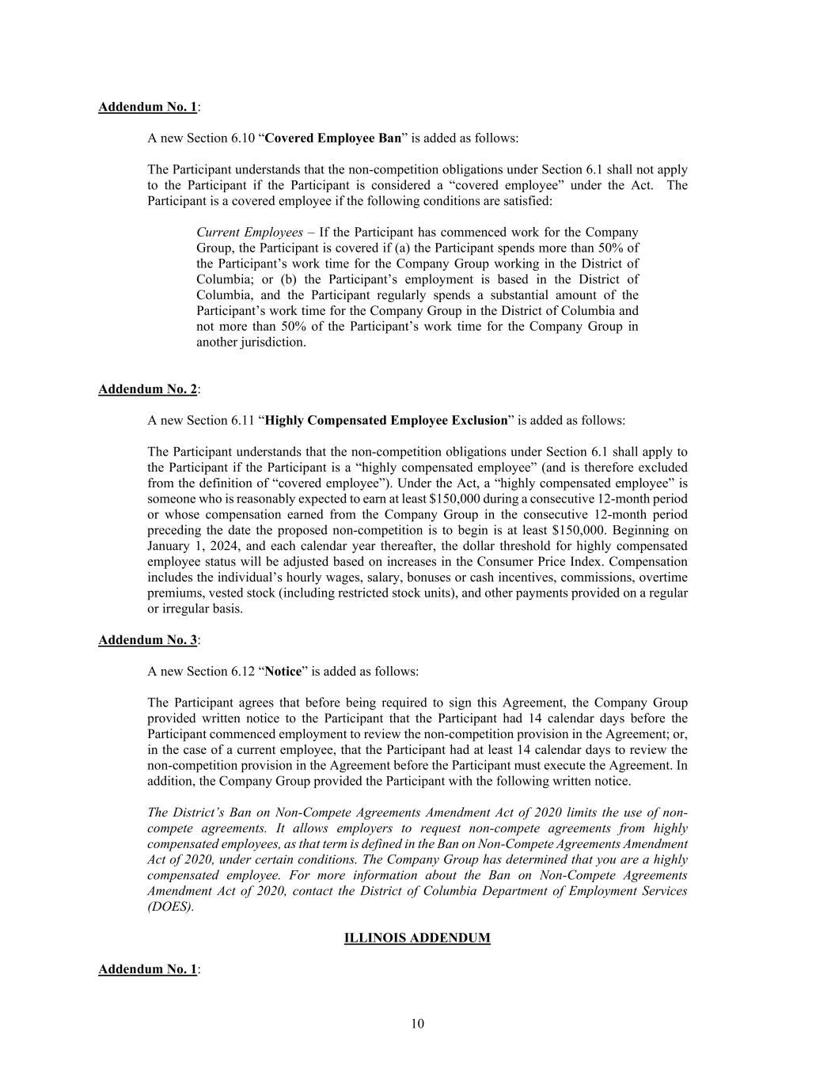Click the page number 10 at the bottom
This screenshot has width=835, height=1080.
pos(417,1024)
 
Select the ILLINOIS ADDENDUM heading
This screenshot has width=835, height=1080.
pos(417,938)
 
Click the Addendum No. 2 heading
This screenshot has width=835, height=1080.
pos(147,388)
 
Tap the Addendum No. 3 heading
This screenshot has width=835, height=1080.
pos(147,639)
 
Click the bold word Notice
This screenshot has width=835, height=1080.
pos(283,671)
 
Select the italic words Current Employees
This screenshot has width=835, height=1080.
pos(249,232)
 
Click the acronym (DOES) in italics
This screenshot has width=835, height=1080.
pos(170,907)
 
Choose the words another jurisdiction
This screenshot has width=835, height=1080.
pos(251,342)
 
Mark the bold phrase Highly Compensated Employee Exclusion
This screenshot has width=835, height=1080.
pos(386,420)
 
